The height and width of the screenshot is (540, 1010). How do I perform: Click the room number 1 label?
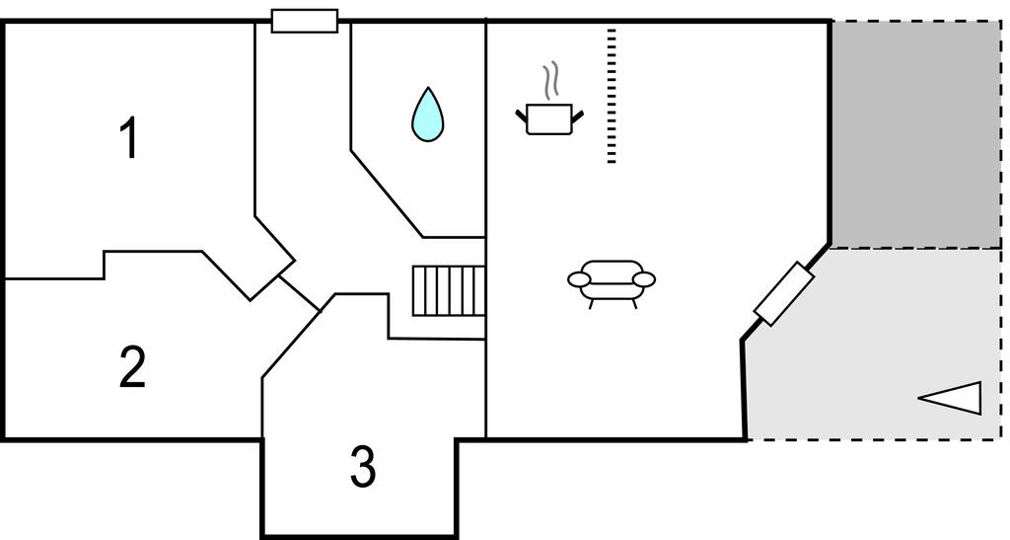130,138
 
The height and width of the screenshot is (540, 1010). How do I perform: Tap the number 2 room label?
133,366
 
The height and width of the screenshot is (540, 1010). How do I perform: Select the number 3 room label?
363,467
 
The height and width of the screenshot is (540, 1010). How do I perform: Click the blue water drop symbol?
428,115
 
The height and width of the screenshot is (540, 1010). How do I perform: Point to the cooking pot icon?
549,119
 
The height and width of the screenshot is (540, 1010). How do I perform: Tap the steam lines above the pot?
549,81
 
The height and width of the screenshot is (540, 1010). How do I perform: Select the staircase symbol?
449,290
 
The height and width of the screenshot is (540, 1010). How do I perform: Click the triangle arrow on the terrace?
950,398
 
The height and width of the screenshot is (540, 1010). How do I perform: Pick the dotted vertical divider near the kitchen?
612,96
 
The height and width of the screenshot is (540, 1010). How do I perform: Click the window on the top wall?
305,21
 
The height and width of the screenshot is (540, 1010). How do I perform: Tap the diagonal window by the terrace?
784,294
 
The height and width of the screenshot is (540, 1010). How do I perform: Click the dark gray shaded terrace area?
915,134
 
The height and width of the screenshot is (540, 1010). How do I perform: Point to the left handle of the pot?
521,116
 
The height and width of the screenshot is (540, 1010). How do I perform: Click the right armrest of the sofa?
644,279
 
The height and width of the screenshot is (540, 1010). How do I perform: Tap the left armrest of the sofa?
579,279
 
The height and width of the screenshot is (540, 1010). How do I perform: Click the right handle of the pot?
578,116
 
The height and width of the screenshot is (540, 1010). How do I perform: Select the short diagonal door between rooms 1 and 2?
299,294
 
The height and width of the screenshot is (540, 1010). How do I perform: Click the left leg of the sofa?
592,304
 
